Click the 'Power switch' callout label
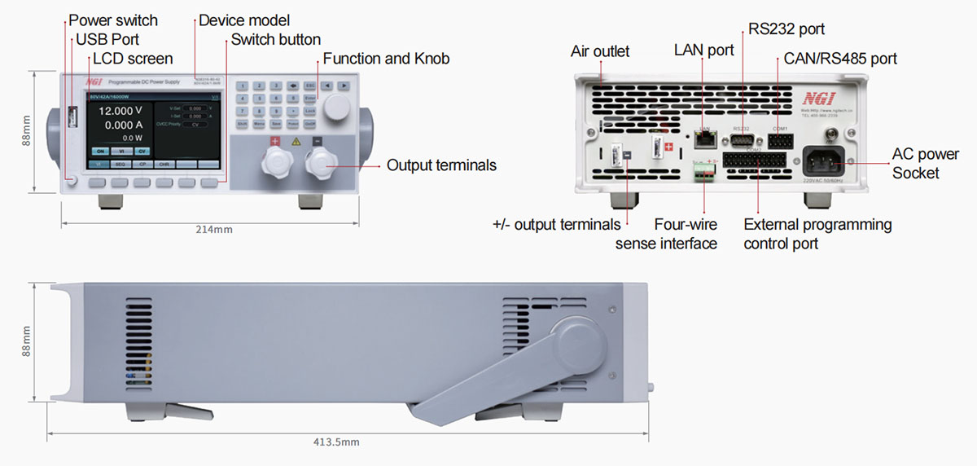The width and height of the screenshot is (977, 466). coord(113,20)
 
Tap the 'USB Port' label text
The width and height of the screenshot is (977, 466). coord(107,40)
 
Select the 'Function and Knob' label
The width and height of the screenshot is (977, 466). coord(386,59)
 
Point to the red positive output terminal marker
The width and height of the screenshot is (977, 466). coord(274,140)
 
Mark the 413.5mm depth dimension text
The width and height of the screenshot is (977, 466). coord(336,442)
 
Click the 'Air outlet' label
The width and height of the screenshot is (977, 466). coord(600,51)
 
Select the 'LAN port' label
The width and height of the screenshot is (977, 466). coord(703,51)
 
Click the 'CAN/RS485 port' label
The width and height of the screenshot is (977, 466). coord(840,59)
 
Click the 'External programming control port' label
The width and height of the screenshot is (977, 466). coord(817,233)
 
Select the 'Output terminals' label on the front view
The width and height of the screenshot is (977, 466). coord(441,165)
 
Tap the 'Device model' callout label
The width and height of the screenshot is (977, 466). coord(244,20)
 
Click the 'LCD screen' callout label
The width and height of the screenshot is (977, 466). coord(133,59)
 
